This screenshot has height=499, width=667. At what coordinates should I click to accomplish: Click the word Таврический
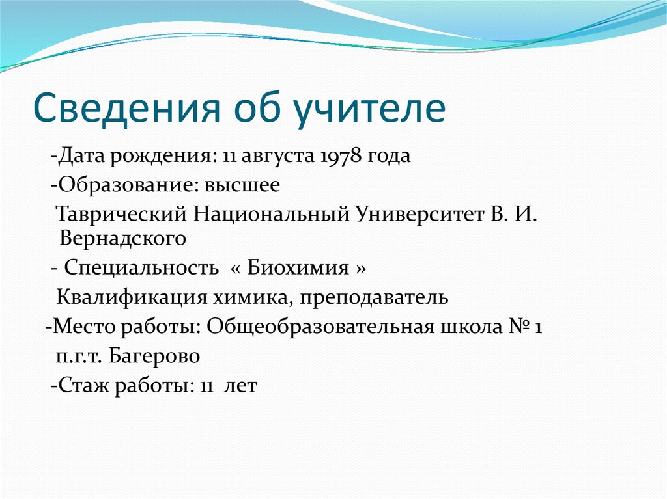(122, 215)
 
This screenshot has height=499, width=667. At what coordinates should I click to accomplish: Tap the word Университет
(419, 215)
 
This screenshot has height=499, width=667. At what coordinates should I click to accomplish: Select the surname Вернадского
(123, 239)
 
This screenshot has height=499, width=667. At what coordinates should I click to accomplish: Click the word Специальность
(141, 268)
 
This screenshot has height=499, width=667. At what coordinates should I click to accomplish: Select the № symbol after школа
(518, 327)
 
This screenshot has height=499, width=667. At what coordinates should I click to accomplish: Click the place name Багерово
(154, 356)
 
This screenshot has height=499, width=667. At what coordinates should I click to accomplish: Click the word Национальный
(271, 215)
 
